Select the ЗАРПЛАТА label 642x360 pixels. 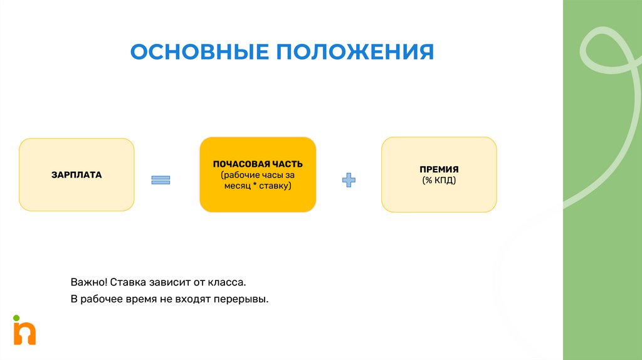pyautogui.click(x=76, y=174)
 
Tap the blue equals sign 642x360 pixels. pyautogui.click(x=160, y=181)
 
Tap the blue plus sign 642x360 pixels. pyautogui.click(x=349, y=181)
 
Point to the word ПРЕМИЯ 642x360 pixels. pyautogui.click(x=439, y=169)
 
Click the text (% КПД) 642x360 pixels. pyautogui.click(x=439, y=181)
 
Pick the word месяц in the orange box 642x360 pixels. pyautogui.click(x=236, y=186)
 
